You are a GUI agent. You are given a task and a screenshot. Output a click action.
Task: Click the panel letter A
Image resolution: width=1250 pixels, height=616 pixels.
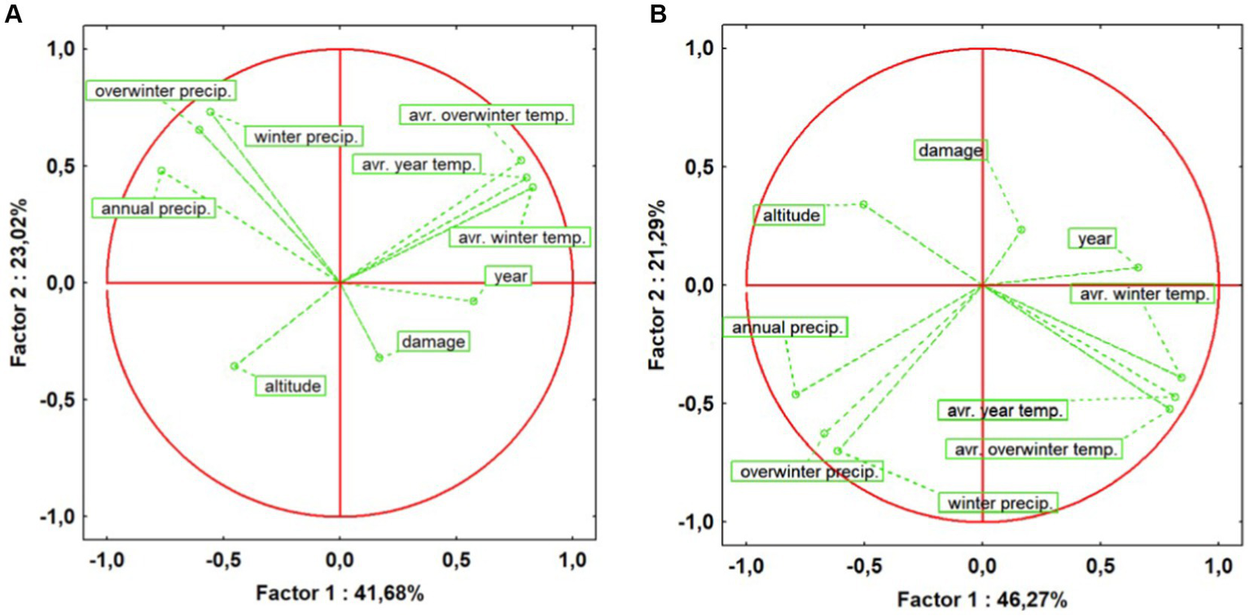pyautogui.click(x=13, y=14)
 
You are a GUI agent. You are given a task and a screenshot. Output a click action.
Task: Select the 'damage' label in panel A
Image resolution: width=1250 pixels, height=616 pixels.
pyautogui.click(x=434, y=342)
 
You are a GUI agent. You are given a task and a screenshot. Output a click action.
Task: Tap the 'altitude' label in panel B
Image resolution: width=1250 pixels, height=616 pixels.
pyautogui.click(x=789, y=215)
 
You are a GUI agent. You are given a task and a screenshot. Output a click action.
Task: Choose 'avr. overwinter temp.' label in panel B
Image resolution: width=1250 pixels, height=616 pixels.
pyautogui.click(x=1033, y=449)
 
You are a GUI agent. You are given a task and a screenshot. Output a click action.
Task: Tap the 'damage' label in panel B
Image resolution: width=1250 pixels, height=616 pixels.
pyautogui.click(x=950, y=150)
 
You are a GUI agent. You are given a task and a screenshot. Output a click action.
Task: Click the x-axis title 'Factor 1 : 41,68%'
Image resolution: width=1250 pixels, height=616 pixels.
pyautogui.click(x=340, y=593)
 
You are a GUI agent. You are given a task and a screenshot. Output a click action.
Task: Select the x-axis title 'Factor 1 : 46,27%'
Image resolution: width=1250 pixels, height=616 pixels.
pyautogui.click(x=982, y=601)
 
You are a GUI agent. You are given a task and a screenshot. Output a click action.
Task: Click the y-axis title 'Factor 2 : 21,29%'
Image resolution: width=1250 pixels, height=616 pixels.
pyautogui.click(x=661, y=284)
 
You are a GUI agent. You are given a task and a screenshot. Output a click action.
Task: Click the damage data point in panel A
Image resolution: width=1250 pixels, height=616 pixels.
pyautogui.click(x=379, y=358)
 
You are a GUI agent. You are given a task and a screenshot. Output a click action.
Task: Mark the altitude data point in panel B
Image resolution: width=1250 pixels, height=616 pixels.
pyautogui.click(x=863, y=205)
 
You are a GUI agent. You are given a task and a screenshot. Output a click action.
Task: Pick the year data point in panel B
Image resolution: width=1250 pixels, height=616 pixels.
pyautogui.click(x=1138, y=267)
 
